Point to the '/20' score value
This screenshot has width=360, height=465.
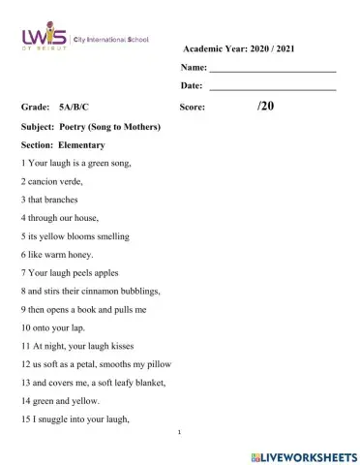click(x=266, y=107)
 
